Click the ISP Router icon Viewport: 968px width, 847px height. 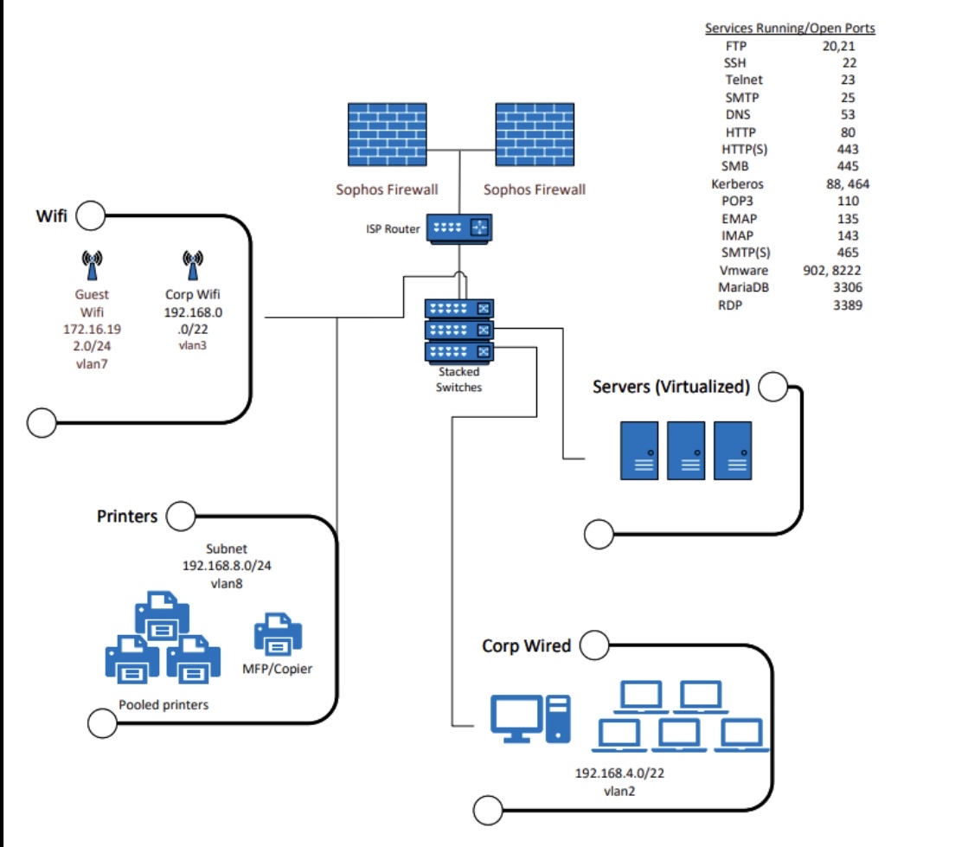coord(458,229)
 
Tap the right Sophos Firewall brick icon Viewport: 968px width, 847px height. coord(534,134)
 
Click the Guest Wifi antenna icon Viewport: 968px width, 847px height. coord(92,263)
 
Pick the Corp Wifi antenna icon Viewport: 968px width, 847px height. coord(194,263)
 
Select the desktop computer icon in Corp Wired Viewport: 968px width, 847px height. coord(530,719)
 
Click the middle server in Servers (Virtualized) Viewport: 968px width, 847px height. coord(686,451)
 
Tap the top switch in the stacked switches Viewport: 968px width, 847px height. coord(458,308)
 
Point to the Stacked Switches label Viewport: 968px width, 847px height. coord(458,381)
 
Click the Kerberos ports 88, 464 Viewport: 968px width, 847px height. coord(848,183)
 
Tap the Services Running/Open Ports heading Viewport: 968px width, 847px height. coord(790,29)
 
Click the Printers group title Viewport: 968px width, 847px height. coord(127,517)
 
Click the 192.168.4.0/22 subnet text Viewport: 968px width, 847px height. coord(619,773)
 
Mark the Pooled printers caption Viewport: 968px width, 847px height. coord(163,704)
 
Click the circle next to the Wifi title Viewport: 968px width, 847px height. coord(91,215)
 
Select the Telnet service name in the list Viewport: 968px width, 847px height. coord(744,80)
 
